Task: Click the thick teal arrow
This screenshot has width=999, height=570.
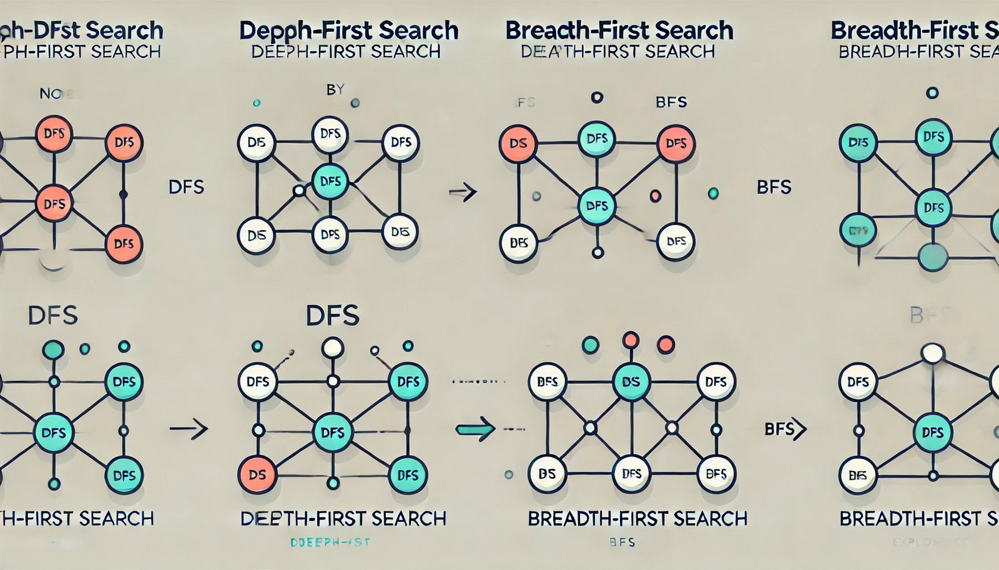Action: (x=475, y=429)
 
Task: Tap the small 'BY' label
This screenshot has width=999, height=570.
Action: (x=335, y=90)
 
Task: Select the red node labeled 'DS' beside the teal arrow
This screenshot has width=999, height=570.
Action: (x=257, y=475)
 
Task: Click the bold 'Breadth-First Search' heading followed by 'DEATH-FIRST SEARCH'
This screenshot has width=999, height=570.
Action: (x=619, y=31)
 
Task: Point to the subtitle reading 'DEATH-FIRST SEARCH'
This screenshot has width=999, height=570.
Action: (x=618, y=52)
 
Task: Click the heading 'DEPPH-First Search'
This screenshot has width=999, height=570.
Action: (x=349, y=31)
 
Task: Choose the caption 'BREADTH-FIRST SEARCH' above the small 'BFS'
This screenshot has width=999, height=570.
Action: (x=637, y=518)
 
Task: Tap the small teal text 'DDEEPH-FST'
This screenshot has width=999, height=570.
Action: (x=330, y=543)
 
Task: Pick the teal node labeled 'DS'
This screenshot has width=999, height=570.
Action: (x=631, y=382)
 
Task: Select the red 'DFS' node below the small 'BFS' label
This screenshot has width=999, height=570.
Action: (x=676, y=143)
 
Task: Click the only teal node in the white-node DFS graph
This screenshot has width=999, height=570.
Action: (x=330, y=181)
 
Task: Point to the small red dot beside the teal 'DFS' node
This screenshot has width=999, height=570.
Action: (x=655, y=196)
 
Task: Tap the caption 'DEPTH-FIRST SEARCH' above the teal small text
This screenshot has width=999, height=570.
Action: (x=343, y=518)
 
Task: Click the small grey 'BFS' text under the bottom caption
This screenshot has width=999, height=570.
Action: (x=622, y=543)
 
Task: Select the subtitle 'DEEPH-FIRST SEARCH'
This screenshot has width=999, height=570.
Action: (x=345, y=52)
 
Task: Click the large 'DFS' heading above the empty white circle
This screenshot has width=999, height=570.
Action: (x=333, y=316)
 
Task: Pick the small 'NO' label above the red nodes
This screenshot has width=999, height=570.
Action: (x=51, y=94)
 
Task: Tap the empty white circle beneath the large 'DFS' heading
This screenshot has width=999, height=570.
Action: (x=333, y=347)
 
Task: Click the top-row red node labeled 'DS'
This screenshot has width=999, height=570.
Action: (x=518, y=143)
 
